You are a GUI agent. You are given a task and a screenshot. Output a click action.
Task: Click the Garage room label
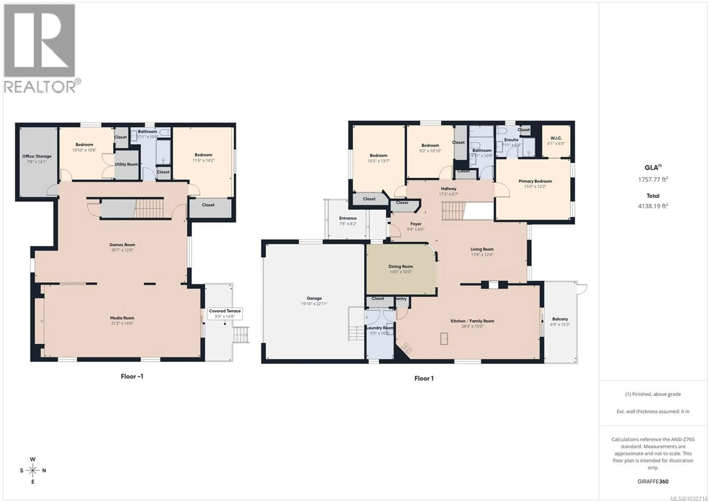pos(314,298)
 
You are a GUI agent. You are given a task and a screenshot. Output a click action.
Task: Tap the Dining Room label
pos(400,266)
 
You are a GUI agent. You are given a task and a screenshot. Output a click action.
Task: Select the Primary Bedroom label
pos(535,181)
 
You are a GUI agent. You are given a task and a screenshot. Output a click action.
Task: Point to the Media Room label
pos(122,318)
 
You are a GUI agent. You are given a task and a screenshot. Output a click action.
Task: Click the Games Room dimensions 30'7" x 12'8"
pos(122,250)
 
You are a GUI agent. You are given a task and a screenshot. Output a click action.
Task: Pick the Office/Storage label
pos(37,156)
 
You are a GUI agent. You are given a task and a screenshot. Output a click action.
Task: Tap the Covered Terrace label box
pos(225,313)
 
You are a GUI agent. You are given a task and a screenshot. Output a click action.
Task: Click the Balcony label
pos(560,319)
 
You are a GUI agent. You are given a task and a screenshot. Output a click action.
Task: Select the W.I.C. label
pos(556,138)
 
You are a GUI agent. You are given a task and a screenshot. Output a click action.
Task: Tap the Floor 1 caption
pos(424,378)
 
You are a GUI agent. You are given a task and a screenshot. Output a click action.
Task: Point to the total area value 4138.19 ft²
pos(653,206)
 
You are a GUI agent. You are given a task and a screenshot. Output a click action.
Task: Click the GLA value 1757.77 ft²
pos(653,179)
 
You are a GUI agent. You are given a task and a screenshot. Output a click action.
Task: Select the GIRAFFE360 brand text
pos(653,481)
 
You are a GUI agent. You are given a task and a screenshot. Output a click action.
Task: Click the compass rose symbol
pos(33,470)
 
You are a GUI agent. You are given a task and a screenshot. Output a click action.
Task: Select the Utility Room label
pos(126,164)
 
